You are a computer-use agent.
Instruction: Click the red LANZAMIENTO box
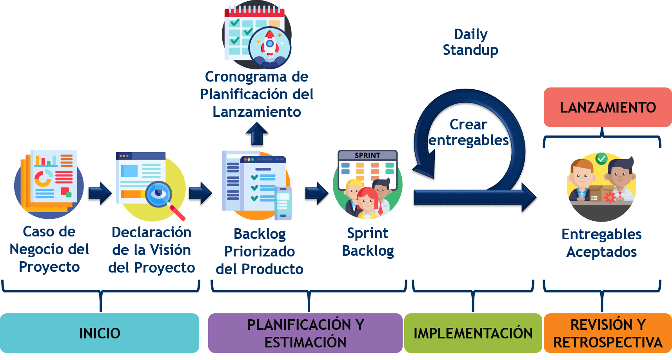pos(607,107)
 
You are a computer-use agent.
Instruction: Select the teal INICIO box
pos(100,333)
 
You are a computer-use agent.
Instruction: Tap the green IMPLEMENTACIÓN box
pos(473,333)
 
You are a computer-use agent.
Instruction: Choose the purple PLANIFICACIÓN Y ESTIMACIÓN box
pos(305,333)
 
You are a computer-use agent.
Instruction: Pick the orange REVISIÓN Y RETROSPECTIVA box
pos(607,333)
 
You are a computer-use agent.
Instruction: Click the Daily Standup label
pos(470,42)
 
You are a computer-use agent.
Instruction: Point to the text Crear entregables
pos(468,132)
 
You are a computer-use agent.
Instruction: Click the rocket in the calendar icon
pos(270,44)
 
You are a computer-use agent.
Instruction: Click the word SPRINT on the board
pos(367,155)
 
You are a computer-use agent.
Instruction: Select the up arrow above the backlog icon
pos(256,135)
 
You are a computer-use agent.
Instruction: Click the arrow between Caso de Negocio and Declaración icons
pos(100,193)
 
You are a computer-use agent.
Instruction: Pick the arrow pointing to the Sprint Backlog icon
pos(316,193)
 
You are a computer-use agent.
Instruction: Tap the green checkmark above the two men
pos(601,158)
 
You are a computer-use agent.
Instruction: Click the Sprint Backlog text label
pos(368,242)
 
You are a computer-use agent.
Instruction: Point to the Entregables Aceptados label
pos(601,243)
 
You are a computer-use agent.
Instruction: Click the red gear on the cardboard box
pos(610,197)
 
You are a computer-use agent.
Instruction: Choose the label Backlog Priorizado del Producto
pos(260,251)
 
